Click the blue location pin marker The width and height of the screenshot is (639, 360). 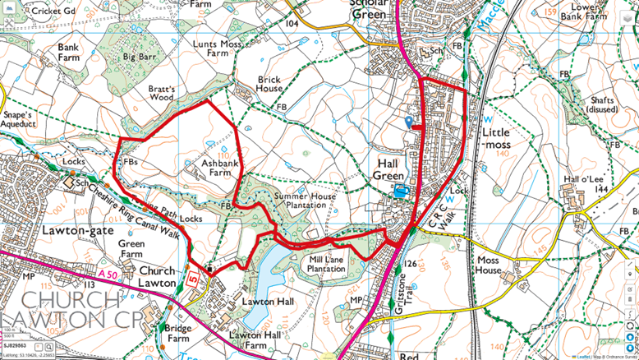(409, 122)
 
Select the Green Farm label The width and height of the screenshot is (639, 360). (131, 248)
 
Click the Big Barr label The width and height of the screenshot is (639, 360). (139, 58)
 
